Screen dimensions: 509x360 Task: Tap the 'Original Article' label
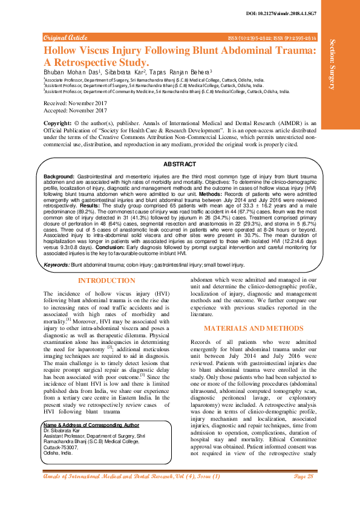tap(65, 37)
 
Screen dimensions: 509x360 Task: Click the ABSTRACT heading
tap(180, 164)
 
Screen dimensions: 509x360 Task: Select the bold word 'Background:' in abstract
tap(59, 174)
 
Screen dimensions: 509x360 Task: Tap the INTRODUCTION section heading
tap(106, 280)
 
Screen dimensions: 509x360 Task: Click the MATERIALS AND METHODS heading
tap(253, 328)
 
